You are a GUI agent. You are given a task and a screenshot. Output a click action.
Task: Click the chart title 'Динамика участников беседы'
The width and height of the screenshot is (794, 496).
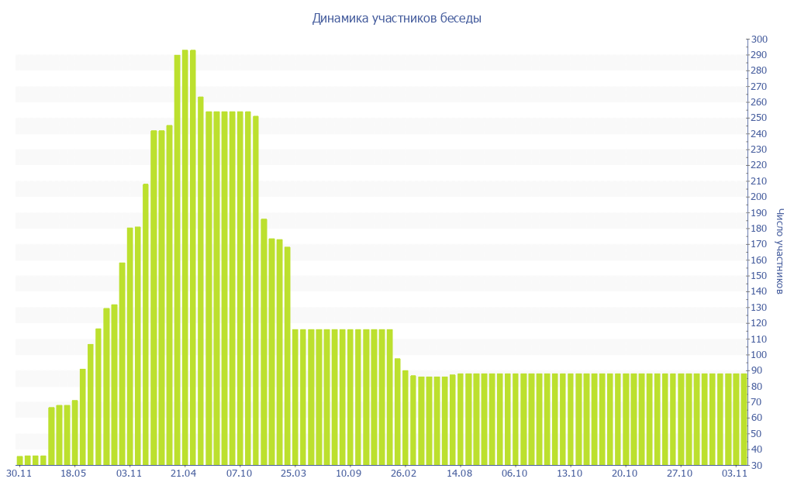coord(396,19)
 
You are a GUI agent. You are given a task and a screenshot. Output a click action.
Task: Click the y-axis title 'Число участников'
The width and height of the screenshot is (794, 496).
coord(780,251)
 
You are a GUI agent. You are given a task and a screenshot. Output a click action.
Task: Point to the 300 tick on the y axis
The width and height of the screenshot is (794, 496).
coord(758,40)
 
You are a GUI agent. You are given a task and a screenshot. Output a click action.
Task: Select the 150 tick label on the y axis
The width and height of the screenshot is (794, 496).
coord(758,276)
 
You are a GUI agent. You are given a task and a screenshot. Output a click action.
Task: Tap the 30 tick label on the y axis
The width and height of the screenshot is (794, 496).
coord(756,465)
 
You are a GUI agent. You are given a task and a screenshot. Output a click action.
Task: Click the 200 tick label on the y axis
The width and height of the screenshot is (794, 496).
coord(758,197)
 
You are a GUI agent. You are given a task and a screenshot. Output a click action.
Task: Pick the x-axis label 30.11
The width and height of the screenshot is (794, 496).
coord(19,473)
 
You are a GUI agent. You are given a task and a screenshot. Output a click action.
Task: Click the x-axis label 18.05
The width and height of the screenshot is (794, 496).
coord(73,473)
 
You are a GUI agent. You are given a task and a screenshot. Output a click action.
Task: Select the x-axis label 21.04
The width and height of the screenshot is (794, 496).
coord(185,473)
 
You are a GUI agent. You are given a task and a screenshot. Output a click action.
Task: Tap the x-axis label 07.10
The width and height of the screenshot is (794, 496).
coord(240,473)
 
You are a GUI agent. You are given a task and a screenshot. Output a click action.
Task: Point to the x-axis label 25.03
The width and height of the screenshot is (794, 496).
coord(295,473)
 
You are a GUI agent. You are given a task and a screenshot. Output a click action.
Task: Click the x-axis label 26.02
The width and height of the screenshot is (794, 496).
coord(404,473)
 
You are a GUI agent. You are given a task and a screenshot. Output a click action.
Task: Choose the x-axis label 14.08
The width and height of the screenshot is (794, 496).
coord(460,473)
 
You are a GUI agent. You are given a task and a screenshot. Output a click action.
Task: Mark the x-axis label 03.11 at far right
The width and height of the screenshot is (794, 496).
coord(734,473)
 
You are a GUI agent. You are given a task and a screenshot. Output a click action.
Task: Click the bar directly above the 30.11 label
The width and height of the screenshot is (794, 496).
coord(20,460)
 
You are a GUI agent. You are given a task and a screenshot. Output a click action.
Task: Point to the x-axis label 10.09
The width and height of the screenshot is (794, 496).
coord(350,473)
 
